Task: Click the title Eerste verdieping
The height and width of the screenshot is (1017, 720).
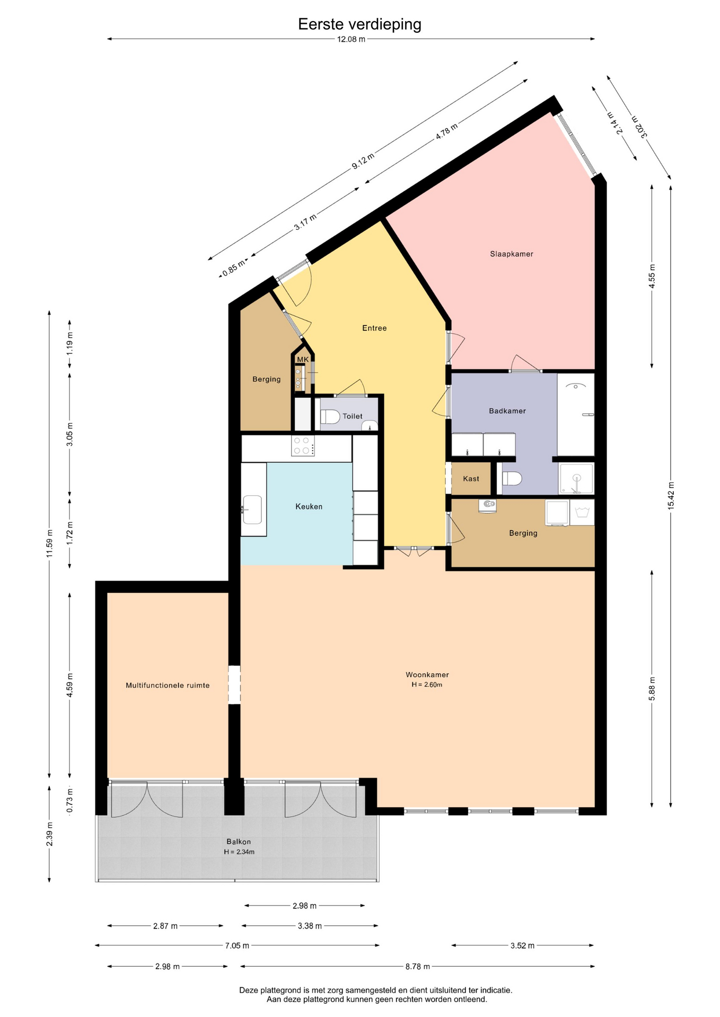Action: pyautogui.click(x=359, y=24)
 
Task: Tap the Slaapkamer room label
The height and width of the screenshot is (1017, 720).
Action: pyautogui.click(x=512, y=254)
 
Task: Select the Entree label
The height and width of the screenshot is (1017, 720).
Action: pyautogui.click(x=374, y=328)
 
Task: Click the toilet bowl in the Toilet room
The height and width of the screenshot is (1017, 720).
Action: pyautogui.click(x=330, y=417)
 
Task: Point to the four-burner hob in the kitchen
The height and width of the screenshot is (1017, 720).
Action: pyautogui.click(x=303, y=445)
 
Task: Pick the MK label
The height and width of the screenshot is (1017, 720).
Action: pyautogui.click(x=303, y=360)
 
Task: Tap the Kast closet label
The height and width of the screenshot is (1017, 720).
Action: pyautogui.click(x=471, y=479)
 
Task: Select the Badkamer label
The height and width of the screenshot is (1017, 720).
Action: pyautogui.click(x=507, y=411)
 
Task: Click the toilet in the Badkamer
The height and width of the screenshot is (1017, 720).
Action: pyautogui.click(x=512, y=479)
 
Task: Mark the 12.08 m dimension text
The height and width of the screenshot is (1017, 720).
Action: pyautogui.click(x=351, y=39)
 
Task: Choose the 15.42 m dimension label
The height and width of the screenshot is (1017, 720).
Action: pyautogui.click(x=671, y=496)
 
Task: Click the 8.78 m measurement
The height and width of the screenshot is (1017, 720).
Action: pyautogui.click(x=417, y=967)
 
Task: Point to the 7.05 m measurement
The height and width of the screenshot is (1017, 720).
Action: pyautogui.click(x=236, y=945)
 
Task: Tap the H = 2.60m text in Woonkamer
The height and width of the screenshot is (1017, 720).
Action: pyautogui.click(x=427, y=685)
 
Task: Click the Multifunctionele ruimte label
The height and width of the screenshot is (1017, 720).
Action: pyautogui.click(x=168, y=685)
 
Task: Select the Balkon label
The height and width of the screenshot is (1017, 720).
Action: pyautogui.click(x=239, y=842)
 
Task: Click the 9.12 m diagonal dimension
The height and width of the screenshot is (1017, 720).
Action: pyautogui.click(x=363, y=161)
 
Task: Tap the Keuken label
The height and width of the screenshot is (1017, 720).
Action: pyautogui.click(x=309, y=507)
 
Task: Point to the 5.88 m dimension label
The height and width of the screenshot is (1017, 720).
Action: pyautogui.click(x=652, y=689)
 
